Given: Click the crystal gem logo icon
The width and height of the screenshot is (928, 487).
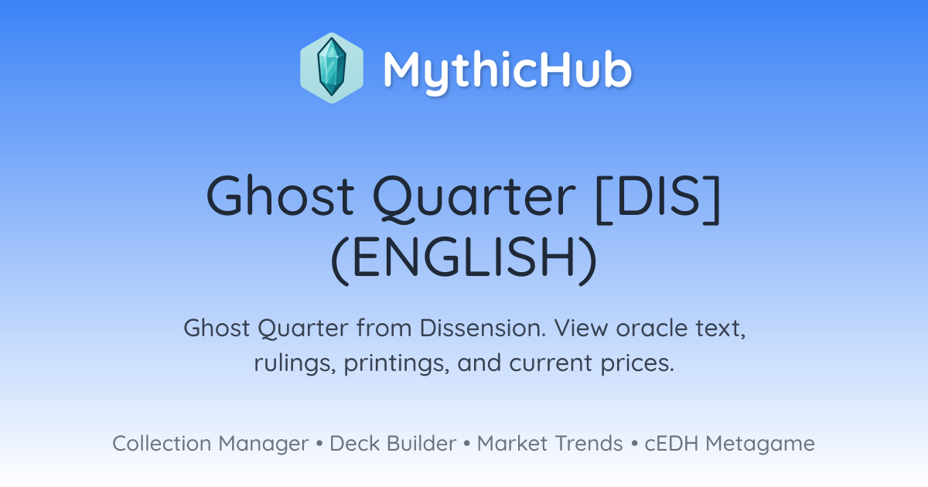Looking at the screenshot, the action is (332, 68).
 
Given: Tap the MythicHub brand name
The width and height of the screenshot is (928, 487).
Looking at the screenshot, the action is (507, 70).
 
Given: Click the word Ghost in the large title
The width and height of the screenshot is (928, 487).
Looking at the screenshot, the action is (281, 196).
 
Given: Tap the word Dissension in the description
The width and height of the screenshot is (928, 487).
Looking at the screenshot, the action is (483, 328).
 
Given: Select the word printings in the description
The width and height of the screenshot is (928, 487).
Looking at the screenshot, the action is (397, 363).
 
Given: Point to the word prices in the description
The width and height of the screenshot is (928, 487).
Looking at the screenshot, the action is (638, 363).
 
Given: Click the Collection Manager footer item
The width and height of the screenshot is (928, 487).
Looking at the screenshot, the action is (210, 444).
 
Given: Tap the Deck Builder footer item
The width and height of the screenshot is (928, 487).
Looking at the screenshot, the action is (393, 444).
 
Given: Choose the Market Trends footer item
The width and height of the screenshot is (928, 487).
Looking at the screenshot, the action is (550, 444).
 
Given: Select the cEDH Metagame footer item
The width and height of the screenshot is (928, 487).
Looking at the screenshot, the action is (730, 444).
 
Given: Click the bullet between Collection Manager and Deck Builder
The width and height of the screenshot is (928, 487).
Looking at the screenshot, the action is (319, 444).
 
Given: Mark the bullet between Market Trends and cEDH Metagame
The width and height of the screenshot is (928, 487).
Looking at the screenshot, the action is (634, 444).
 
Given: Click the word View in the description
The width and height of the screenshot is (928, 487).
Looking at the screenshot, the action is (582, 328).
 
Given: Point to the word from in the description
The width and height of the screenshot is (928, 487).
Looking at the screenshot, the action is (384, 328).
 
